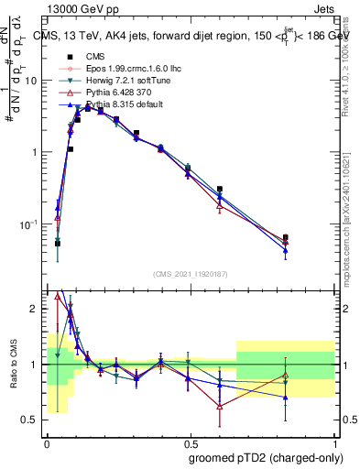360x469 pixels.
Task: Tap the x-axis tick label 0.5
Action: pyautogui.click(x=190, y=442)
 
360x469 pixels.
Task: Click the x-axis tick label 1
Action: pyautogui.click(x=333, y=442)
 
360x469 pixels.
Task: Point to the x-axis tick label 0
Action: pyautogui.click(x=47, y=442)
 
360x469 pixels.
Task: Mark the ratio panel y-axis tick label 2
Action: pyautogui.click(x=36, y=309)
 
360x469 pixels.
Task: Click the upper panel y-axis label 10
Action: pyautogui.click(x=32, y=80)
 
